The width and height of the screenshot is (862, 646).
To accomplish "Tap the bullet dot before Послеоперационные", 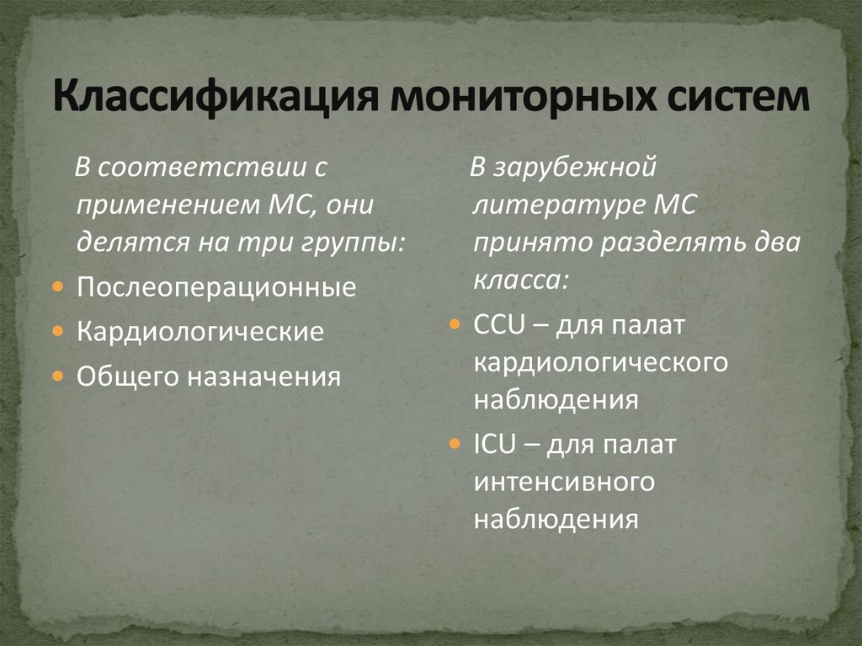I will [57, 287].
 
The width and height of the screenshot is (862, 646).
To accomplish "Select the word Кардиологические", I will [200, 331].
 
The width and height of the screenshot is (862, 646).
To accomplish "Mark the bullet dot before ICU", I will [455, 443].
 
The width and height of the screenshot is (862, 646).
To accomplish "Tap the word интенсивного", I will [564, 481].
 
